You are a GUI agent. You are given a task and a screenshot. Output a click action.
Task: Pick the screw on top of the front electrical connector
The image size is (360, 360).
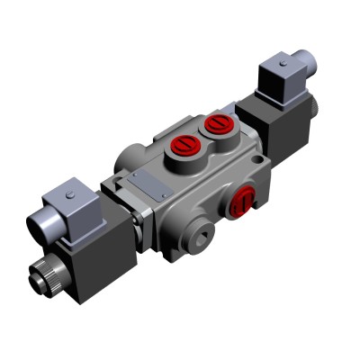click(x=70, y=190)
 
